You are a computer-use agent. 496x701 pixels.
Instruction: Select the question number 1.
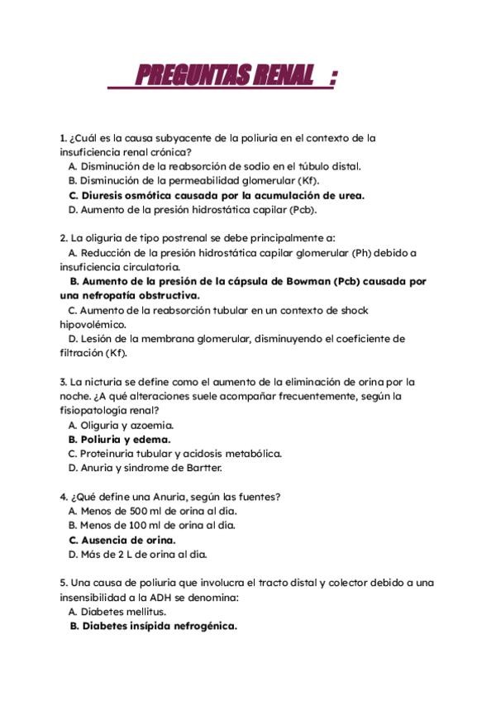(63, 138)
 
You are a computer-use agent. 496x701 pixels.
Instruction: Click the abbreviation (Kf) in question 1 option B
(308, 180)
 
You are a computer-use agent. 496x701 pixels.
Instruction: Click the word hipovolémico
(92, 324)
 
